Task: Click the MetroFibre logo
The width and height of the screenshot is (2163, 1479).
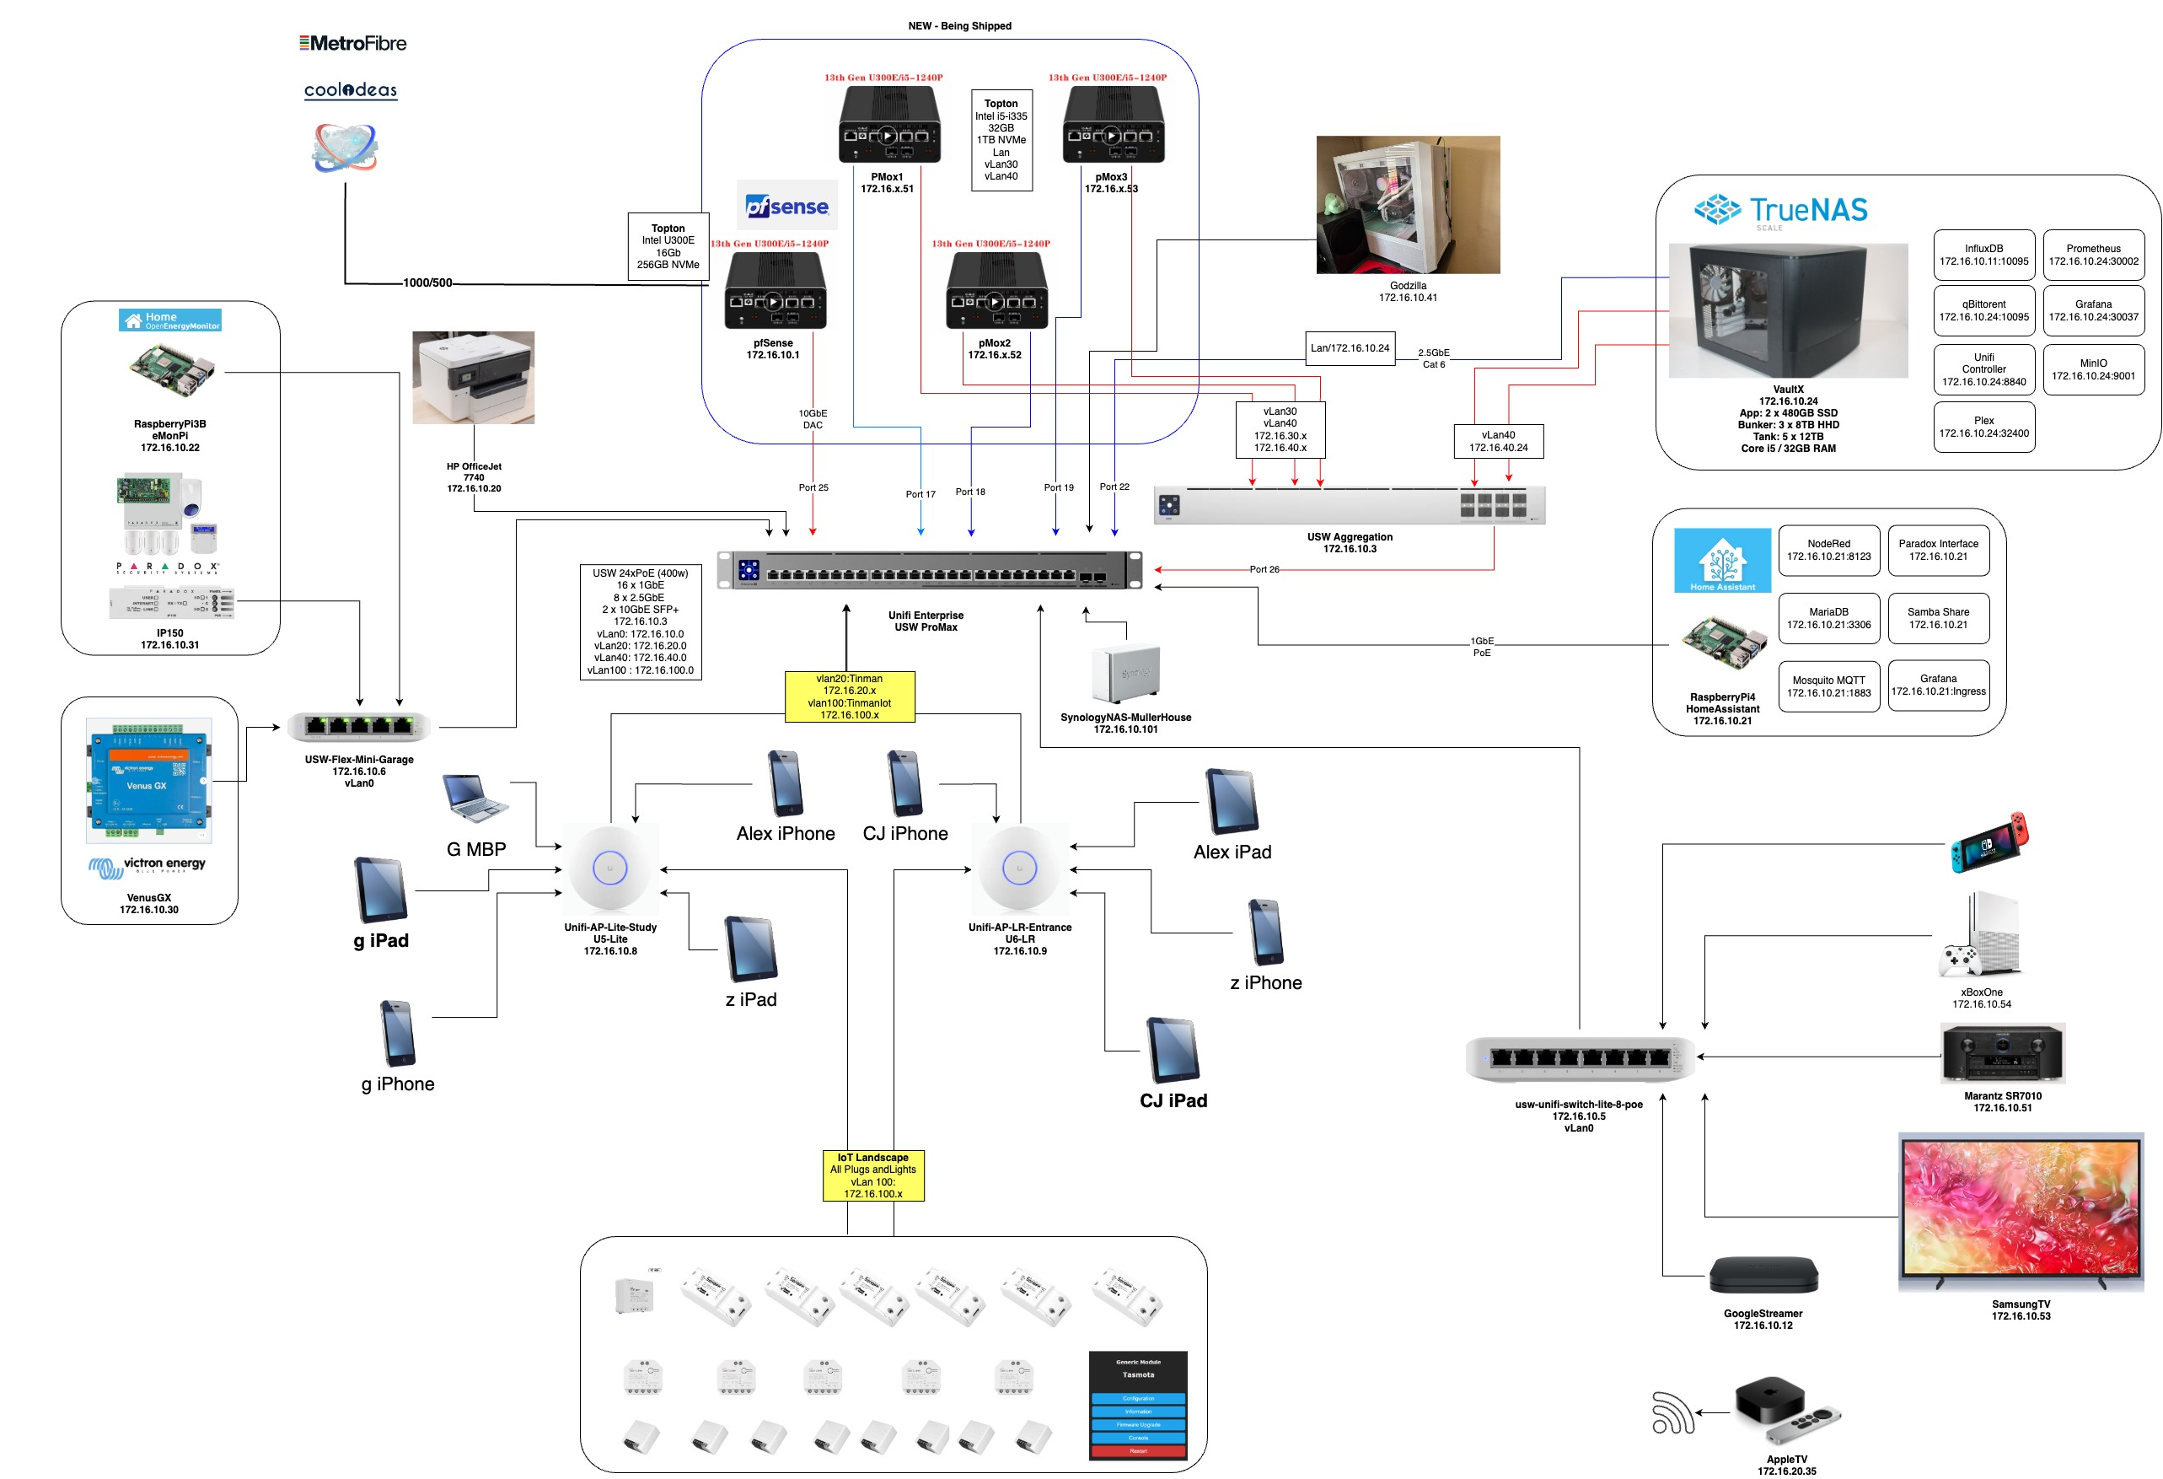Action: [x=352, y=43]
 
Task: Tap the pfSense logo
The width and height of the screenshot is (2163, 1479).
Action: [x=787, y=206]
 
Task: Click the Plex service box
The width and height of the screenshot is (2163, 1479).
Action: [x=1983, y=428]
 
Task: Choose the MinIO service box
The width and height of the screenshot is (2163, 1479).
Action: [x=2093, y=369]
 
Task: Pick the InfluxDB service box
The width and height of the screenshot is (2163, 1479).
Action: [x=1983, y=255]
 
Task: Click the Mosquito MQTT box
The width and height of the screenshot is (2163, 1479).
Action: [x=1828, y=686]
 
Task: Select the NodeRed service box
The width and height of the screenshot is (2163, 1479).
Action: [x=1828, y=550]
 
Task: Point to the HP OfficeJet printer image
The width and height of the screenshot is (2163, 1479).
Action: [x=474, y=377]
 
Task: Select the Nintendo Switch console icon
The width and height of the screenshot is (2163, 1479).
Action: [x=1989, y=842]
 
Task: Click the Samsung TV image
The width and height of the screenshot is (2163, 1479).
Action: [x=2021, y=1211]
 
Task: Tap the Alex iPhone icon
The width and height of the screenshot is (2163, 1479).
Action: [x=786, y=783]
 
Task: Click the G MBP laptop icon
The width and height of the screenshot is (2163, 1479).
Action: [x=475, y=799]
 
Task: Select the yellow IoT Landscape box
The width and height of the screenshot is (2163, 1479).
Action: [x=873, y=1175]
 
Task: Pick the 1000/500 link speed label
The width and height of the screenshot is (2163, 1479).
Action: [x=427, y=283]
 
